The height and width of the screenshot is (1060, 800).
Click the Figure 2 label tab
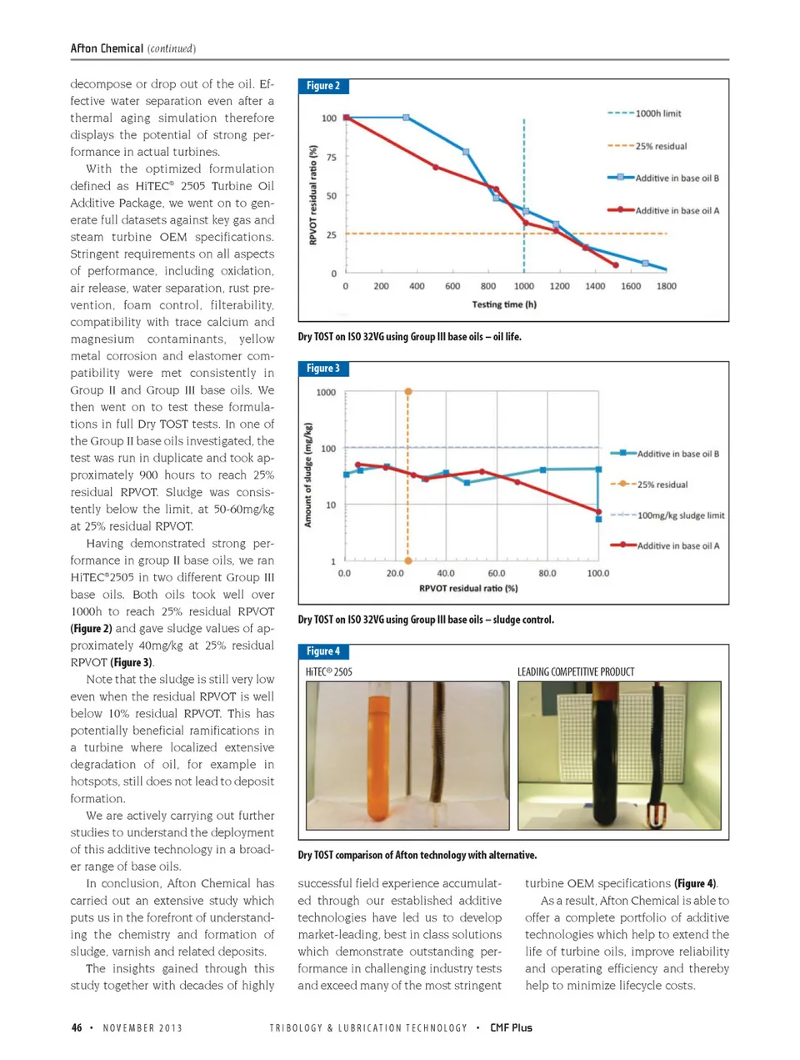click(x=323, y=86)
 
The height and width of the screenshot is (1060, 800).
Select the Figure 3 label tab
click(x=323, y=369)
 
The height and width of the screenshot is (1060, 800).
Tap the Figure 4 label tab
click(x=323, y=651)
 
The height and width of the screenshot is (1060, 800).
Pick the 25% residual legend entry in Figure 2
click(x=660, y=146)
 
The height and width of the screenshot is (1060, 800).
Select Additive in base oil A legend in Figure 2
click(x=676, y=211)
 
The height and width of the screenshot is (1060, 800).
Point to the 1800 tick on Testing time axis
click(x=666, y=286)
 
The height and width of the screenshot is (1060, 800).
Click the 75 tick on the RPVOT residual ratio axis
click(x=331, y=157)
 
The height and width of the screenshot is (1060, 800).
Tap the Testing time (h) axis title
click(x=504, y=304)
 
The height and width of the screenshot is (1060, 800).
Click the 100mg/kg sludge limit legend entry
click(x=680, y=515)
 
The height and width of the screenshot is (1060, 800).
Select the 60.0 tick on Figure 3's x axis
click(x=497, y=574)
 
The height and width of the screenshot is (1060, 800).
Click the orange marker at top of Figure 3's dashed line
click(x=408, y=391)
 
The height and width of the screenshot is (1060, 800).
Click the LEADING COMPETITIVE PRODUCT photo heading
click(x=576, y=672)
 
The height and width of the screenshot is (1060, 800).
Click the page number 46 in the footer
click(x=77, y=1027)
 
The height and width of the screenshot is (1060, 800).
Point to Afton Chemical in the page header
click(x=107, y=48)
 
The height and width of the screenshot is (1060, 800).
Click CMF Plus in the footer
click(x=511, y=1027)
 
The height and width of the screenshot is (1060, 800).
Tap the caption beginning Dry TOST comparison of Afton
click(x=417, y=855)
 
